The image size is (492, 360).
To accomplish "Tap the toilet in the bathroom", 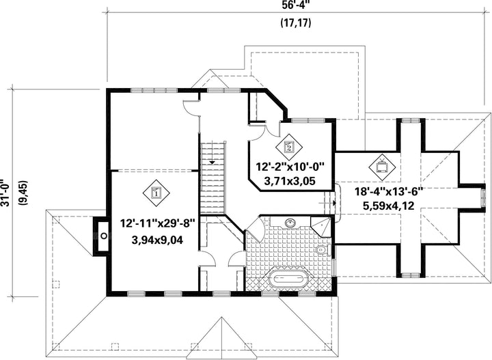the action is [x=323, y=250].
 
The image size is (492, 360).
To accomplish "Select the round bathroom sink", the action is [x=290, y=223].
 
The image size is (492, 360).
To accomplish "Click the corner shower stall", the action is [x=320, y=226].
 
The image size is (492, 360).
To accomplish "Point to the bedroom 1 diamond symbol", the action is [x=156, y=193].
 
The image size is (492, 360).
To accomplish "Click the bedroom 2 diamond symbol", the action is [x=289, y=147].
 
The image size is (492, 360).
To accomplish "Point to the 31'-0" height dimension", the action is [x=5, y=193].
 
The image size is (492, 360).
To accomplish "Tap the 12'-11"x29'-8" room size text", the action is [x=158, y=224].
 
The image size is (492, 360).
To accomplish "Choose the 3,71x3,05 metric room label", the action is [x=290, y=181].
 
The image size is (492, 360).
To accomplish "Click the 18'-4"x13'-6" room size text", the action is [x=389, y=191].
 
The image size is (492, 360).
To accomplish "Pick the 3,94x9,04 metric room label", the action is [x=158, y=240].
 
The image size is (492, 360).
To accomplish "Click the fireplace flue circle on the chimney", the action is [x=104, y=236].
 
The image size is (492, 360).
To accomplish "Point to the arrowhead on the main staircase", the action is [x=212, y=163].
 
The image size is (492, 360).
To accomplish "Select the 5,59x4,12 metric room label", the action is [x=389, y=206].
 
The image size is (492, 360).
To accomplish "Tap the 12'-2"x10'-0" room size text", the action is [x=290, y=167].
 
